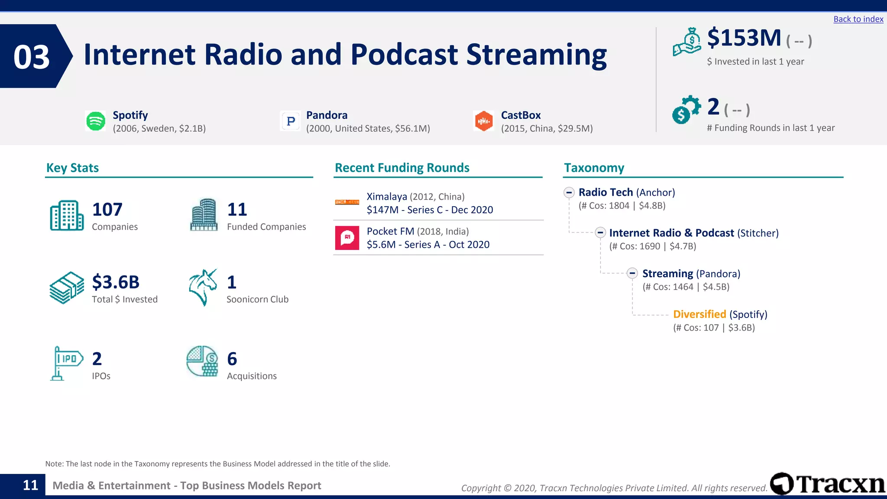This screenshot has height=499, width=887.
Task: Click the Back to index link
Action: tap(858, 19)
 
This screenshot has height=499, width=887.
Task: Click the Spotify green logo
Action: tap(96, 121)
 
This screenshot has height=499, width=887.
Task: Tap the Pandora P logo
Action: tap(291, 121)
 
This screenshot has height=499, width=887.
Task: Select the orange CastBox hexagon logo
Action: tap(484, 121)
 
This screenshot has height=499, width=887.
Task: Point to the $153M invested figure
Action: tap(744, 38)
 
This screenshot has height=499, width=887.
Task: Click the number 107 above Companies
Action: tap(107, 210)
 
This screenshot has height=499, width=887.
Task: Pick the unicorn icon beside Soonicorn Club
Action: tap(203, 287)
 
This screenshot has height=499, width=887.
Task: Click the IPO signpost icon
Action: tap(66, 363)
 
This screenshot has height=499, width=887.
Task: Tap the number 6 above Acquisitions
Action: tap(232, 359)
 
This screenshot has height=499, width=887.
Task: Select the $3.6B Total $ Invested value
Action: tap(116, 282)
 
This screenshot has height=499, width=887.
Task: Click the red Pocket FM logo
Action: tap(347, 238)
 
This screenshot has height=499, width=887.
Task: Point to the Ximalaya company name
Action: tap(387, 197)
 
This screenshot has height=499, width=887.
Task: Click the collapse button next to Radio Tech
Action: tap(569, 192)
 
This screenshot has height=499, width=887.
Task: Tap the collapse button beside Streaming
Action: tap(632, 273)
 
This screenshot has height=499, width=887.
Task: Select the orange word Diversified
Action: tap(699, 314)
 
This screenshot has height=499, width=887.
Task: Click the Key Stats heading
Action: tap(72, 168)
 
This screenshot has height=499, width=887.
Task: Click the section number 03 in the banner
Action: tap(32, 57)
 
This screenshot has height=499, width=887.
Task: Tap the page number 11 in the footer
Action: tap(30, 485)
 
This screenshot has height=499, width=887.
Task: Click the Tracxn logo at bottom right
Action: tap(828, 484)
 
